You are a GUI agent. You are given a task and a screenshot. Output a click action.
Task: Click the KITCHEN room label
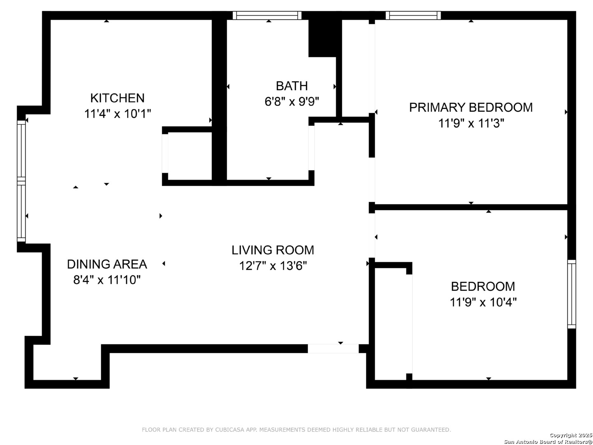pyautogui.click(x=117, y=98)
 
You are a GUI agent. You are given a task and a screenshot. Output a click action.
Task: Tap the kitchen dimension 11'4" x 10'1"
pyautogui.click(x=118, y=114)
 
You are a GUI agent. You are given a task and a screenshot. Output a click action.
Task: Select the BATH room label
pyautogui.click(x=292, y=86)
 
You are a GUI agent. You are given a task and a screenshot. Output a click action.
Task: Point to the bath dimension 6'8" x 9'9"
pyautogui.click(x=292, y=101)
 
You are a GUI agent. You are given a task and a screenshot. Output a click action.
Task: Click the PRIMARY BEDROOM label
pyautogui.click(x=471, y=108)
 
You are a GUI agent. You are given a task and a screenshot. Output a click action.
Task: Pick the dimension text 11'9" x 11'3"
pyautogui.click(x=471, y=123)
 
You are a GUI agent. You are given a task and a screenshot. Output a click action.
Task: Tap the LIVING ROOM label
pyautogui.click(x=273, y=250)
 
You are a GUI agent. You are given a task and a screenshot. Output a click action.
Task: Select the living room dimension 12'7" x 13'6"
pyautogui.click(x=273, y=266)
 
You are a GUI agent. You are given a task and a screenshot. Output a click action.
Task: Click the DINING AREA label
pyautogui.click(x=107, y=264)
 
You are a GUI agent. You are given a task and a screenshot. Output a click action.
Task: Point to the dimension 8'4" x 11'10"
pyautogui.click(x=107, y=280)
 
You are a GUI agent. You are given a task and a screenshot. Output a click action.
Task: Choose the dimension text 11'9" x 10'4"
pyautogui.click(x=483, y=302)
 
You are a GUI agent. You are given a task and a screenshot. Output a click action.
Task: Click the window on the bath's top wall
pyautogui.click(x=267, y=16)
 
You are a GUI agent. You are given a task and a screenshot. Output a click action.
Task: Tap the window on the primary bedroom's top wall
pyautogui.click(x=413, y=16)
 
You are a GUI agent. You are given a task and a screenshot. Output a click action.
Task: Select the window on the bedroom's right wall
pyautogui.click(x=572, y=294)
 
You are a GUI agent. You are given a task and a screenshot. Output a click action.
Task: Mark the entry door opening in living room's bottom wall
pyautogui.click(x=333, y=349)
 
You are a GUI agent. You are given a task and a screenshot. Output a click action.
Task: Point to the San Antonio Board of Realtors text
pyautogui.click(x=548, y=442)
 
